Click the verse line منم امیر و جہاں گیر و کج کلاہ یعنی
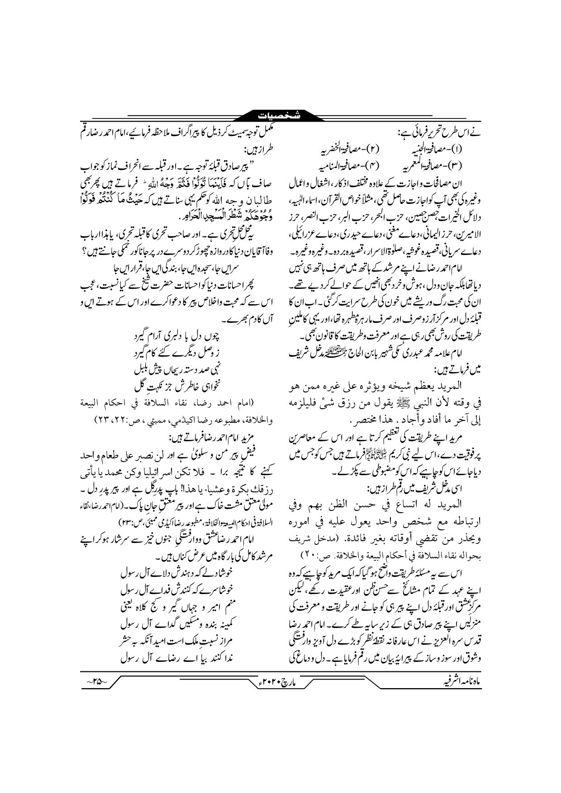click(181, 608)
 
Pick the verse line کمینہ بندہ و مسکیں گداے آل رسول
click(181, 625)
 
